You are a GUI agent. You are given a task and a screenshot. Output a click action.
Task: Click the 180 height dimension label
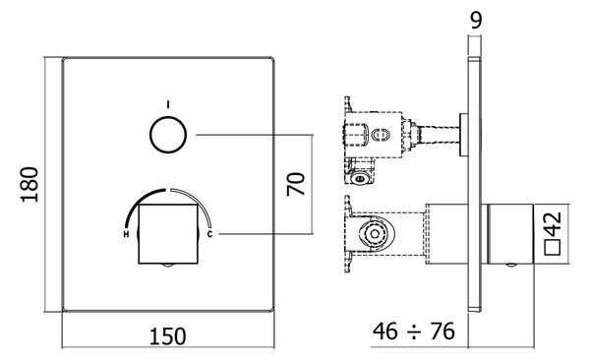(x=29, y=185)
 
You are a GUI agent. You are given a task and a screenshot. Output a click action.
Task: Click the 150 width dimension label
(x=168, y=336)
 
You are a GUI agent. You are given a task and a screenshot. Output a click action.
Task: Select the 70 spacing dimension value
(x=296, y=184)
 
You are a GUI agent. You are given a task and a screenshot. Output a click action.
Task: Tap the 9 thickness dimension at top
(x=476, y=21)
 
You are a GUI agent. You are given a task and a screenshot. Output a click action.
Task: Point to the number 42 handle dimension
(x=554, y=224)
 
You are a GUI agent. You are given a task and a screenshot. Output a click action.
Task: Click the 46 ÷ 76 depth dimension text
(x=414, y=331)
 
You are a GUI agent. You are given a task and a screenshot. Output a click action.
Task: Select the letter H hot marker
(x=126, y=234)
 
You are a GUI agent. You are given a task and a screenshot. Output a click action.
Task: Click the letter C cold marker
(x=209, y=234)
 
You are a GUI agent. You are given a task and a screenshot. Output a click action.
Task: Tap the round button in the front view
(x=168, y=135)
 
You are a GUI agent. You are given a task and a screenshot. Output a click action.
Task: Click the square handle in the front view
(x=168, y=234)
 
